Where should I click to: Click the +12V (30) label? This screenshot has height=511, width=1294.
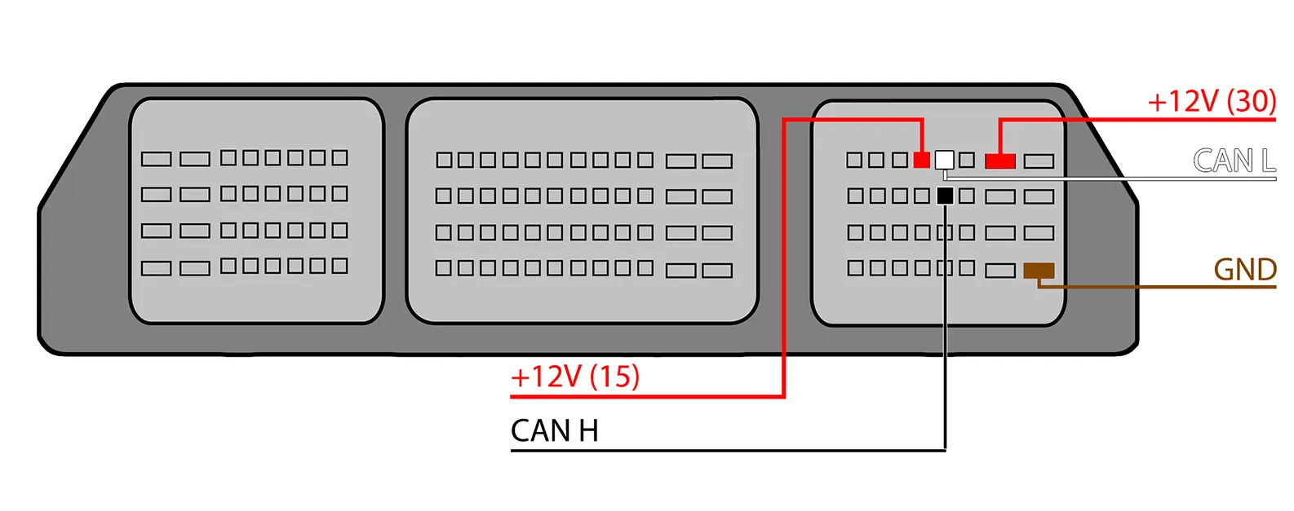(x=1212, y=101)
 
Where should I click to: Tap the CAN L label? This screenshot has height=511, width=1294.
(x=1234, y=161)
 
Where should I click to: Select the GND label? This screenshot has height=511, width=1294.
(x=1245, y=270)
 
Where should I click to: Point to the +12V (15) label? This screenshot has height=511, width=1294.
(x=575, y=377)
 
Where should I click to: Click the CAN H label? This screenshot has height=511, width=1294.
(x=554, y=430)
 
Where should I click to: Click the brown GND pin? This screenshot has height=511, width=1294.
(x=1039, y=271)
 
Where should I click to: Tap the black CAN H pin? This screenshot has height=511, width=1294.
(x=945, y=196)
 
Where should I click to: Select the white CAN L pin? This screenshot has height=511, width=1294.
(x=944, y=159)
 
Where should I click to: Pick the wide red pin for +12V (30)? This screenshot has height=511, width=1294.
(x=1000, y=161)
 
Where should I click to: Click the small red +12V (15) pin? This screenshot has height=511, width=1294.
(x=922, y=160)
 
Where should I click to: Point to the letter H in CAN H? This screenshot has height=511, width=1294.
(x=588, y=430)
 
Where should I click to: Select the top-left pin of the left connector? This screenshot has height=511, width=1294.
(x=156, y=158)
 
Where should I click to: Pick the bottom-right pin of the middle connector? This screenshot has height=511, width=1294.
(x=717, y=271)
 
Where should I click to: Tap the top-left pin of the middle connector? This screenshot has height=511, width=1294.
(x=444, y=160)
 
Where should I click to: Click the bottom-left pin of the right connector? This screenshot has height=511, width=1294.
(x=855, y=267)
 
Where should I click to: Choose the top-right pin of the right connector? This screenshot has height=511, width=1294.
(x=1039, y=161)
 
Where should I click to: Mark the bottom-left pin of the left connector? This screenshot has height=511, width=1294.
(x=156, y=267)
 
